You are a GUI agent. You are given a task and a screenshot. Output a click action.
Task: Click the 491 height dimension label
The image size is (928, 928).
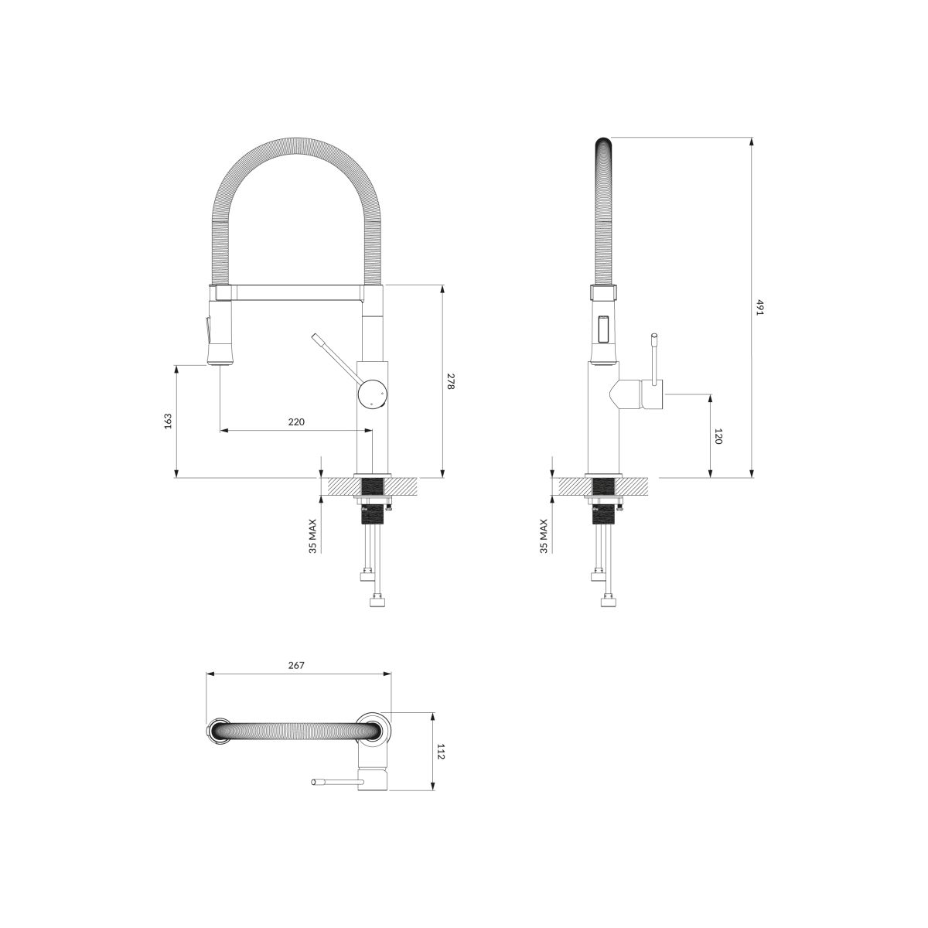(x=760, y=307)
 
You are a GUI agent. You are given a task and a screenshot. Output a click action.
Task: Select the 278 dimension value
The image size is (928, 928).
(x=451, y=381)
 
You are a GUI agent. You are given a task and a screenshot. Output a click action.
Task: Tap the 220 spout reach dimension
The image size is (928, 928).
(x=296, y=422)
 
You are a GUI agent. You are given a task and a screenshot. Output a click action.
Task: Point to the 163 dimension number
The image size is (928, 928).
(x=168, y=421)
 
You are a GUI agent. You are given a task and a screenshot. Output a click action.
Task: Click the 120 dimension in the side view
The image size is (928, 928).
(x=718, y=436)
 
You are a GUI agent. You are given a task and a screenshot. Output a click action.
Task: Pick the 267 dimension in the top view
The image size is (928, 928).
(x=296, y=665)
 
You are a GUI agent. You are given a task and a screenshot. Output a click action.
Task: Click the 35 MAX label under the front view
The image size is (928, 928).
(x=313, y=535)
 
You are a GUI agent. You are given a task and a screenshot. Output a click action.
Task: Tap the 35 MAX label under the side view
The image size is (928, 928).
(x=544, y=535)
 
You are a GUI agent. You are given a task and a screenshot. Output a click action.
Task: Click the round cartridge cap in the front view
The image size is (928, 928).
(x=371, y=393)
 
